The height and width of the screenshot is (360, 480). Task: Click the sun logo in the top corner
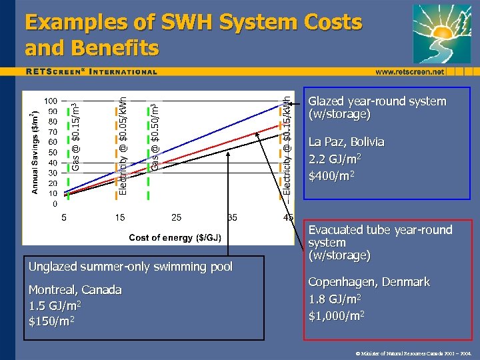pyautogui.click(x=441, y=33)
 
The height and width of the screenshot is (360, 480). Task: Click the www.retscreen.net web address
pyautogui.click(x=409, y=71)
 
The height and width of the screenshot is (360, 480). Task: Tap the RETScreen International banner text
pyautogui.click(x=92, y=71)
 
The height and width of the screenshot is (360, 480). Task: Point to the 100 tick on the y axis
pyautogui.click(x=51, y=101)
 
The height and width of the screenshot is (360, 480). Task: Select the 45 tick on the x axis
pyautogui.click(x=288, y=217)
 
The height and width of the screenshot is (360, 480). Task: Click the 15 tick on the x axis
pyautogui.click(x=120, y=217)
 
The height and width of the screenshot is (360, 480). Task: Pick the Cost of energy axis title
pyautogui.click(x=175, y=237)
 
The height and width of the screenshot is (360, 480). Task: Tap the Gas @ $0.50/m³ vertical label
pyautogui.click(x=155, y=137)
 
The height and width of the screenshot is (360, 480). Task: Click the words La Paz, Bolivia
pyautogui.click(x=346, y=142)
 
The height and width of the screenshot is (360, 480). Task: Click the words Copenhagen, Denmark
pyautogui.click(x=369, y=282)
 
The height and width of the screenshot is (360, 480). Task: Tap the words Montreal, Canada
pyautogui.click(x=75, y=290)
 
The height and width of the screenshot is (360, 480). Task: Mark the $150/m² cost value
pyautogui.click(x=51, y=321)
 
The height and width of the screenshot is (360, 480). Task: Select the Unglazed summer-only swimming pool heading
pyautogui.click(x=131, y=267)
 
